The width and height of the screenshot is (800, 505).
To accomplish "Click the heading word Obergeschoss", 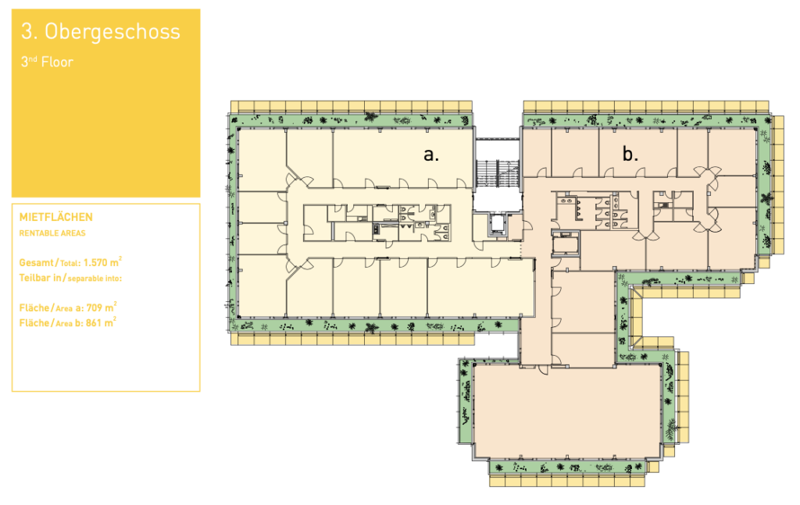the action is click(x=112, y=31).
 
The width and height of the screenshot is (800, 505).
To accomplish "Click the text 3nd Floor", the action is click(x=47, y=62).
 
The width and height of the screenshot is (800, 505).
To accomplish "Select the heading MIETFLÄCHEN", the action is click(x=56, y=217).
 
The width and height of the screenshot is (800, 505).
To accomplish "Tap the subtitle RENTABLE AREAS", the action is click(x=52, y=233).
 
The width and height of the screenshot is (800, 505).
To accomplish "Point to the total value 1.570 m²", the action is click(x=102, y=262).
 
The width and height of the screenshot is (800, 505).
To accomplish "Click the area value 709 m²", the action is click(x=101, y=307).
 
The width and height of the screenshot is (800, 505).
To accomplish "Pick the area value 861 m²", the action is click(x=101, y=322).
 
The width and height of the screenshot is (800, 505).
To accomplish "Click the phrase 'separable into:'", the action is click(x=95, y=278).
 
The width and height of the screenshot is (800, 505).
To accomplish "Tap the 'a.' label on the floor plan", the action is click(x=431, y=154).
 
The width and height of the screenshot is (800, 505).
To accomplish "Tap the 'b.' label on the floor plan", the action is click(x=630, y=153).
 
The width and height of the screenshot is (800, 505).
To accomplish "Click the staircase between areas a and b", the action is click(x=498, y=173).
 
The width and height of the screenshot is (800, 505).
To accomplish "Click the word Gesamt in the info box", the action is click(x=36, y=262).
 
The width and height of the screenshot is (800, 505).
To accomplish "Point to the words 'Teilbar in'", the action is click(x=41, y=278).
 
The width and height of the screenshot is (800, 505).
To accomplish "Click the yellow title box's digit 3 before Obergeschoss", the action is click(x=27, y=31).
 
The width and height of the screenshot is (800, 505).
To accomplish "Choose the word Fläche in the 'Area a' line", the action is click(x=34, y=308).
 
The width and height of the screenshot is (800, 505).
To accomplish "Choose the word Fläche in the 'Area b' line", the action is click(x=34, y=322).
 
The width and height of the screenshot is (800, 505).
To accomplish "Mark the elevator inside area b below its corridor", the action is click(x=566, y=243).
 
